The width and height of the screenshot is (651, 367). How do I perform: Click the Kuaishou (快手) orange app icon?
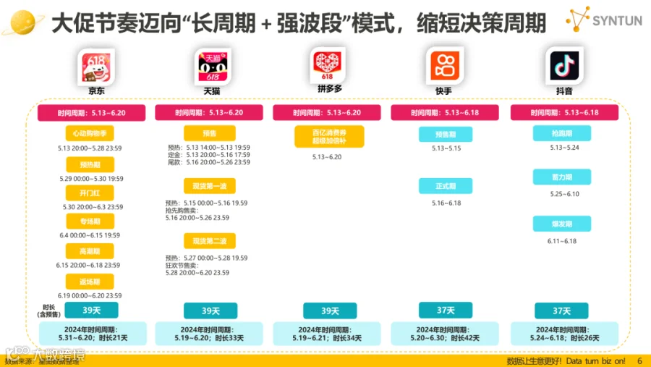point(445,66)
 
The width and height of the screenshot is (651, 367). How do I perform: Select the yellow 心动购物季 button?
point(90,134)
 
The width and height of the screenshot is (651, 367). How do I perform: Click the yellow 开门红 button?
point(90,193)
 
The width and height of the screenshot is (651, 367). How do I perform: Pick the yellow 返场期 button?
point(90,282)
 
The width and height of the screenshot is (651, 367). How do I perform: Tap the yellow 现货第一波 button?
point(209,186)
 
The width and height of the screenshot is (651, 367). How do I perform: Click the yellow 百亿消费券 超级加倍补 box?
point(329,136)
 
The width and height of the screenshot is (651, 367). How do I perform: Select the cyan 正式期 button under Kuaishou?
point(445,186)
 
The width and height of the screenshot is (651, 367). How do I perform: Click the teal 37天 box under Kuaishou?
point(445,311)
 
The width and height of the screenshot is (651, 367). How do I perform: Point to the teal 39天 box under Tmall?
point(210,311)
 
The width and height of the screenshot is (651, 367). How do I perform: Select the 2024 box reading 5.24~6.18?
point(565,334)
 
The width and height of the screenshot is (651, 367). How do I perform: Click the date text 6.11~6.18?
point(562,241)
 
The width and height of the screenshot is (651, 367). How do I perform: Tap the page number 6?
point(639,360)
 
